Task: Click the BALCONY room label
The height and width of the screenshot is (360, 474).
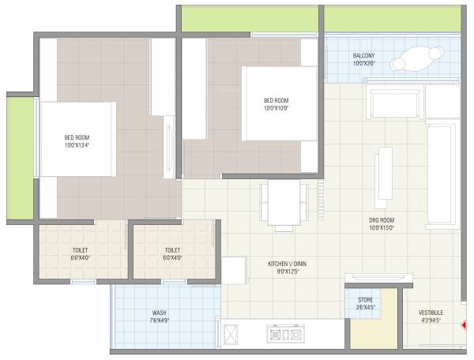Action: [x=364, y=55]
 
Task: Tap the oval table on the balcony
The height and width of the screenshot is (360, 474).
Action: [x=417, y=59]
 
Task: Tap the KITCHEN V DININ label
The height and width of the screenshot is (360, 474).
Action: [x=288, y=264]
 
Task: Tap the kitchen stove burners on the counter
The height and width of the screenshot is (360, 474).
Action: [x=285, y=335]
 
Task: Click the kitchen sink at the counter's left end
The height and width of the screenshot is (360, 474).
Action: [x=230, y=335]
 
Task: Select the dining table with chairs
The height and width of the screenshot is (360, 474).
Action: [x=281, y=204]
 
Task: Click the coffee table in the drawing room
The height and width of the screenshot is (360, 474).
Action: [x=385, y=176]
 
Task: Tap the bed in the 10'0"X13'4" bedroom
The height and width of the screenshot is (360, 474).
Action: [x=77, y=140]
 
